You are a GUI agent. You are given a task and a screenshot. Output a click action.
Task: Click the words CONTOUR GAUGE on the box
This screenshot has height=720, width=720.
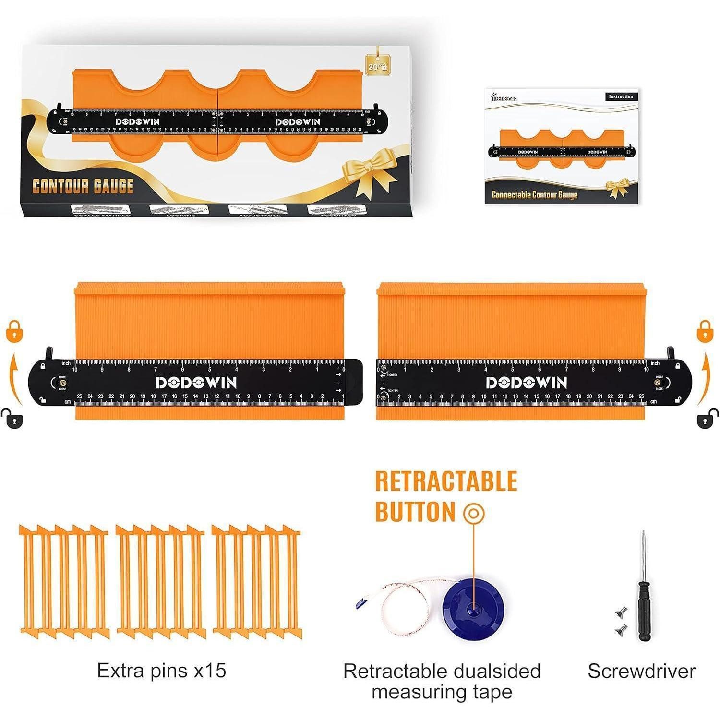click(83, 186)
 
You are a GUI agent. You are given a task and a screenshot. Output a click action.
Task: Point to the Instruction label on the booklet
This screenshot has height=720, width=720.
click(621, 96)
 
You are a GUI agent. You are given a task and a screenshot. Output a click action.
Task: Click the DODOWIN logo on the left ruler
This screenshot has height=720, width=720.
click(196, 383)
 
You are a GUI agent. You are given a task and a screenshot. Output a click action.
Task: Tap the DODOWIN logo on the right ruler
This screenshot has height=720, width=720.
click(527, 383)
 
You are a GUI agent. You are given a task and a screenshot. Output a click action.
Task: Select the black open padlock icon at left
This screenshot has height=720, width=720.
click(14, 419)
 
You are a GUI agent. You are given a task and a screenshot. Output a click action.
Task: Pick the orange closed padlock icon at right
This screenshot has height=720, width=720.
click(704, 330)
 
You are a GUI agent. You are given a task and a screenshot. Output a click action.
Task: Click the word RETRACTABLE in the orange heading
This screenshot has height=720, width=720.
click(446, 481)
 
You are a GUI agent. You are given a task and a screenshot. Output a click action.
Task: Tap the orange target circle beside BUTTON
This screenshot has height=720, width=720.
click(474, 514)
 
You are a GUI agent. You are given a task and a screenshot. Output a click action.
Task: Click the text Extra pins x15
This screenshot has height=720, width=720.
click(161, 671)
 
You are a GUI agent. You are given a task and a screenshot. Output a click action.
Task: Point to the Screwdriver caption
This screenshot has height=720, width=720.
click(641, 671)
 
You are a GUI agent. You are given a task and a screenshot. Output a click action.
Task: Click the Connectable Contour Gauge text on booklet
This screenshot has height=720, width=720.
click(534, 194)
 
